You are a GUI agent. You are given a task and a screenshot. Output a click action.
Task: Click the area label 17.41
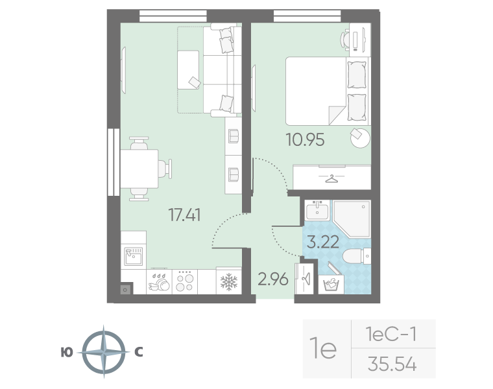tap(185, 215)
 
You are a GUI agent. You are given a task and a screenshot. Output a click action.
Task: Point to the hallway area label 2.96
tap(273, 280)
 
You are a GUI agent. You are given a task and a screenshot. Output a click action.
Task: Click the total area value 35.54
tap(391, 365)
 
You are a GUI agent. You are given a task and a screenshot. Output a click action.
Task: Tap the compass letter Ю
tap(66, 353)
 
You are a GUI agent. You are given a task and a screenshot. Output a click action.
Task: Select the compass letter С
tap(138, 353)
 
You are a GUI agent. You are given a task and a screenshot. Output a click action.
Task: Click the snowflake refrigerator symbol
tap(228, 281)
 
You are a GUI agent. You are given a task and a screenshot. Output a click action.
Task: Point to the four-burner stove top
tap(185, 281)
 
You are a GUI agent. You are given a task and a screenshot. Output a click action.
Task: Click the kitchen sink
tap(133, 255)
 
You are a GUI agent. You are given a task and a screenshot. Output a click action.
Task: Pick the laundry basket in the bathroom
tap(332, 283)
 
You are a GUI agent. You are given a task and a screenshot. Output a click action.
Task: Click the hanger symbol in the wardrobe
tap(331, 177)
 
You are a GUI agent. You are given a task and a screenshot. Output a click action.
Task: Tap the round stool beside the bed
tap(359, 137)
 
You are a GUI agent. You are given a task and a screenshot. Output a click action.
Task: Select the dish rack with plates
tap(159, 281)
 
